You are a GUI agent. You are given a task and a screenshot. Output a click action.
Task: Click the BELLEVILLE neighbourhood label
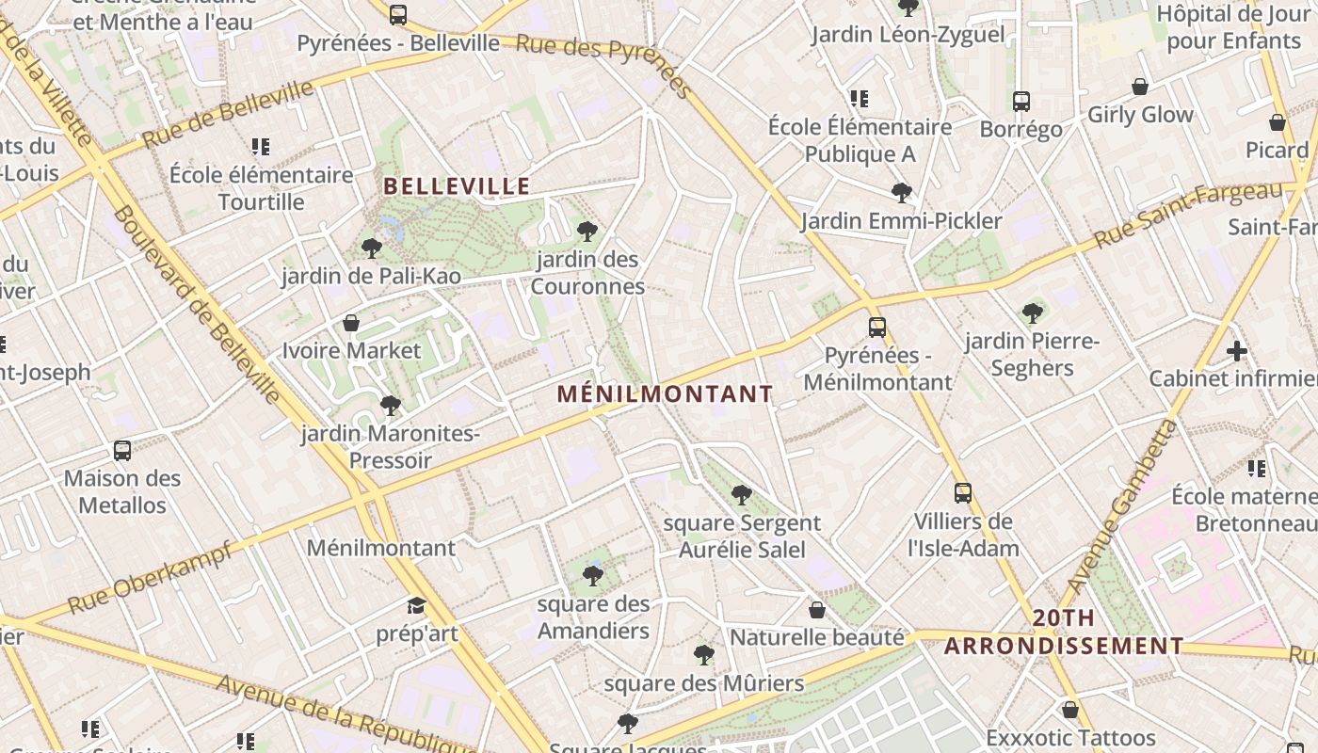point(458,186)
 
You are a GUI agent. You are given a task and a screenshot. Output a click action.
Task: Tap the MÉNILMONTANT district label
point(665,394)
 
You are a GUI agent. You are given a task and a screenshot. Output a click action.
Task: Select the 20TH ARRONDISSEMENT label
point(1064,633)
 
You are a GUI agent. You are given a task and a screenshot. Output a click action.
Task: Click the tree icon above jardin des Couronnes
point(587,231)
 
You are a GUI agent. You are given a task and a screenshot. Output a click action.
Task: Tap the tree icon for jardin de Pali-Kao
point(372,248)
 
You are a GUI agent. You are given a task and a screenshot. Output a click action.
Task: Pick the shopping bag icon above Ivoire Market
point(351,323)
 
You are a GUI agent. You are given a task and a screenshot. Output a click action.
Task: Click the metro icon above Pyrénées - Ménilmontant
point(877,328)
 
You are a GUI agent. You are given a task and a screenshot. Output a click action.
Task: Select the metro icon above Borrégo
point(1021,101)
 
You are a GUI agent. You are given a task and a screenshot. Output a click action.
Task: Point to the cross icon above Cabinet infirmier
point(1237,351)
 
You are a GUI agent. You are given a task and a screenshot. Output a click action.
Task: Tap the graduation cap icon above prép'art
point(416,605)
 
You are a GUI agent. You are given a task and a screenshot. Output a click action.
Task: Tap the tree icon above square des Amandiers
point(592,575)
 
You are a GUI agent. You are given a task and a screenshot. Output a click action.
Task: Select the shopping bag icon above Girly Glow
point(1140,87)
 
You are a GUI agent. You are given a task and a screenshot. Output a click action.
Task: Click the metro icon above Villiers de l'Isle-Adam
point(962,492)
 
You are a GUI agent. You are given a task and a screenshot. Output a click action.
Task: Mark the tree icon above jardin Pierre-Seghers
point(1032,312)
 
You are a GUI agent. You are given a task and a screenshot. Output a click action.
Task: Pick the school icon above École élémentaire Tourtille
point(260,147)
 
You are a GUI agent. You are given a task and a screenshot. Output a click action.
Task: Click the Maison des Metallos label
point(122,491)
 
